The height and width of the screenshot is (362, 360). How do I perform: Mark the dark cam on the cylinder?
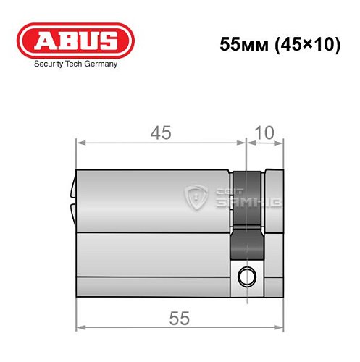(246, 217)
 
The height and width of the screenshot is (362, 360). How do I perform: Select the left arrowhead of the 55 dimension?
(80, 329)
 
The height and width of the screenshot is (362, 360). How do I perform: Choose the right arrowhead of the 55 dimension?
(280, 329)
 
